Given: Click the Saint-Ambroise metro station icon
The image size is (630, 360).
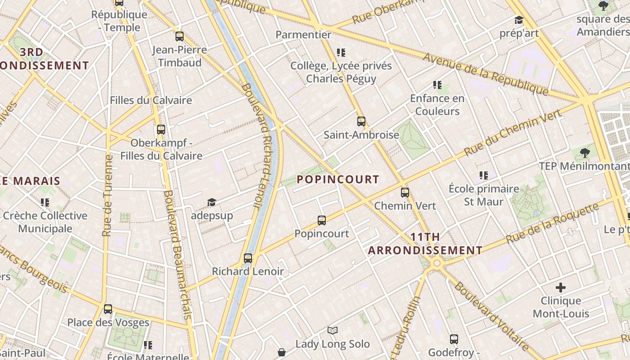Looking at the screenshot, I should coord(361,121).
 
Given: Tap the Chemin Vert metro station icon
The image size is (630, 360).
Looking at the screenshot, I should coord(405,193).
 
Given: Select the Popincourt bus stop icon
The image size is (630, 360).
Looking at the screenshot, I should coord(321,220).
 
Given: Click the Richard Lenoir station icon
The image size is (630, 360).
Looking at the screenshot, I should coord(248,258).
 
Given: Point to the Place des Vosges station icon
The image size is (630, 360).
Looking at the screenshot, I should coord(108,309).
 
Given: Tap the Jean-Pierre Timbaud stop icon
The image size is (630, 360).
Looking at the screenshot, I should coord(180,36).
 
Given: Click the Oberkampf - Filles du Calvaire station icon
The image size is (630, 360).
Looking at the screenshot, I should coord(161,130).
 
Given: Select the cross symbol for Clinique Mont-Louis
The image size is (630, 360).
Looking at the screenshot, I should coord(561,287).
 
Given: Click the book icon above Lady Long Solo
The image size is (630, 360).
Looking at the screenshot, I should coord(333,331).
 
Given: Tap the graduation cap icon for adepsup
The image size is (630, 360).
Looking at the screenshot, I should coord(211,202).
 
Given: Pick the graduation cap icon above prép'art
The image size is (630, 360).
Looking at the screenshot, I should coord(519,20).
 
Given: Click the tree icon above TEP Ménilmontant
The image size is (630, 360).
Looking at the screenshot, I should coord(585,153).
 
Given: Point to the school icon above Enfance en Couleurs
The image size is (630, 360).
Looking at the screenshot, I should coord(437,85).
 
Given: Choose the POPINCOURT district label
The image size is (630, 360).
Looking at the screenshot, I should coord(338,180).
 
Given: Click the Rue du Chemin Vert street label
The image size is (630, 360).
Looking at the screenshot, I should coord(513,133).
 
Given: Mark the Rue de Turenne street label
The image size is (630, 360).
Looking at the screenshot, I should coord(107,196).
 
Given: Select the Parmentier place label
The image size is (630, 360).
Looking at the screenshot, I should coord(303,35).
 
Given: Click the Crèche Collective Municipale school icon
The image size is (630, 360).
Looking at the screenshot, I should coord(45,202).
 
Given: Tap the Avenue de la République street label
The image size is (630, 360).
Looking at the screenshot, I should coord(486,74).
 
